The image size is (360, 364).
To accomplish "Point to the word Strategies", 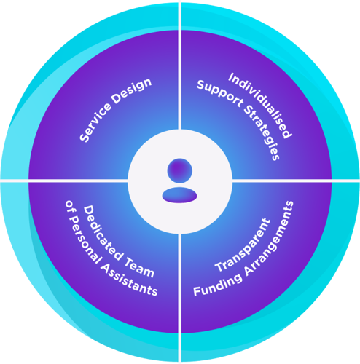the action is click(x=262, y=132).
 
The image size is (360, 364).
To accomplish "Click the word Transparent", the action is click(x=243, y=245).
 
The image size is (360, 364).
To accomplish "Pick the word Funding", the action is click(x=217, y=285).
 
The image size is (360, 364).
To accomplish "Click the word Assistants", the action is click(x=129, y=279).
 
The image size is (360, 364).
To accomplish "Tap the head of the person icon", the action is click(x=180, y=170).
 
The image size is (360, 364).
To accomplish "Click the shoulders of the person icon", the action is click(x=179, y=195).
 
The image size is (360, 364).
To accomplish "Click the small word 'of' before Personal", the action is click(x=68, y=207).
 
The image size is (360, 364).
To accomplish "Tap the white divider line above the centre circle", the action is click(x=180, y=66).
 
